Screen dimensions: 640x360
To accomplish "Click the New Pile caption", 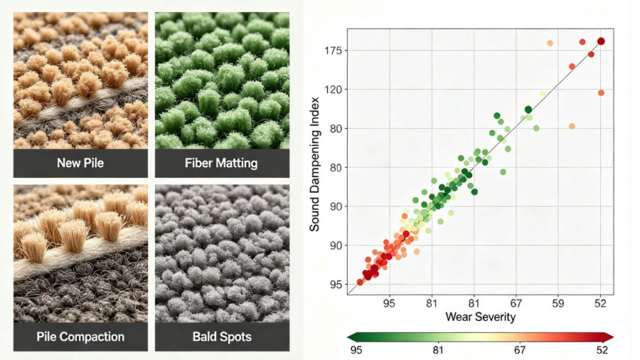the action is [80, 163].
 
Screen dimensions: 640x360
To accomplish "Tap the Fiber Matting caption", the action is [221, 163].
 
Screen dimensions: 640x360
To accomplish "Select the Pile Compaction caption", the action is [80, 337].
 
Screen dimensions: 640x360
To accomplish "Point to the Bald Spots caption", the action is [222, 337].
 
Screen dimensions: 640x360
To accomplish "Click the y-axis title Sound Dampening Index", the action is [314, 164].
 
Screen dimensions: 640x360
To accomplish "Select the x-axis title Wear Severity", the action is [481, 317].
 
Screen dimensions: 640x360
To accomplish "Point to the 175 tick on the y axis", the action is [333, 51].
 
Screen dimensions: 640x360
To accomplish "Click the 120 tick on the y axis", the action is [333, 90].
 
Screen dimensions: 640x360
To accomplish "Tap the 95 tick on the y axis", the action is [336, 285].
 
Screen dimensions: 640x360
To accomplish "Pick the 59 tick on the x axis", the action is [558, 304].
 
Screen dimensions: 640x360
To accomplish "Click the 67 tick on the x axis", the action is [516, 304].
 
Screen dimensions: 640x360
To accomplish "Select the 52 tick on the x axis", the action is [600, 304].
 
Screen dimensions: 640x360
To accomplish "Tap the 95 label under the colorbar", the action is [356, 350].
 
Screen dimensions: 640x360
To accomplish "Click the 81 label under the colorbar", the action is [438, 350].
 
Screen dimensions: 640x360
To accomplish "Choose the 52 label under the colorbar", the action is [602, 350].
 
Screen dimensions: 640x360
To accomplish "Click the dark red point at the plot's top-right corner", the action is [601, 41].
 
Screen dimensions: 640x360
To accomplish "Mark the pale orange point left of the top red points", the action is [550, 43].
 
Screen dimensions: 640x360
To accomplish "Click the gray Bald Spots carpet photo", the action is [222, 253].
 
